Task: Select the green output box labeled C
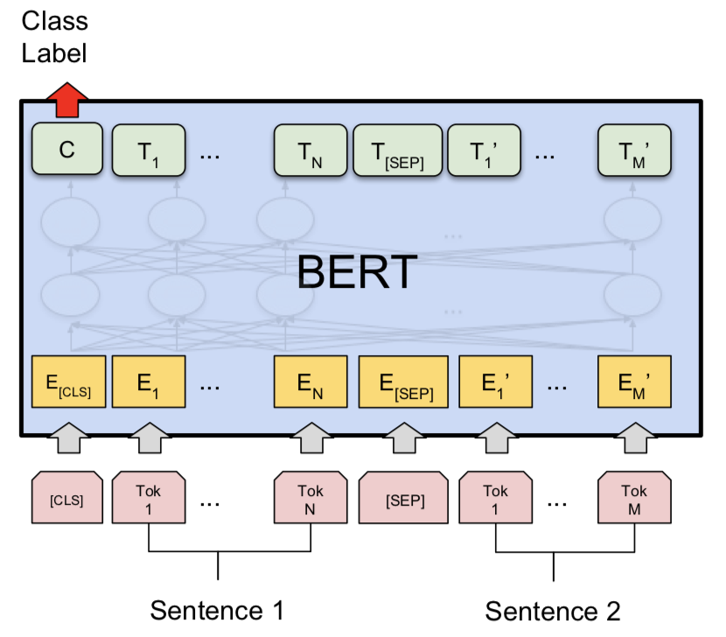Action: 67,150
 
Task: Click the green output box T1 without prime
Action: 148,150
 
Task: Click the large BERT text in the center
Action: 357,274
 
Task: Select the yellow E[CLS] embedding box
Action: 67,382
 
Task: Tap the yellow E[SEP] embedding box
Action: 403,382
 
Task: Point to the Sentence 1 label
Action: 217,609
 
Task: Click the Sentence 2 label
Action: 553,609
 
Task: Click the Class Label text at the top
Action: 54,36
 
